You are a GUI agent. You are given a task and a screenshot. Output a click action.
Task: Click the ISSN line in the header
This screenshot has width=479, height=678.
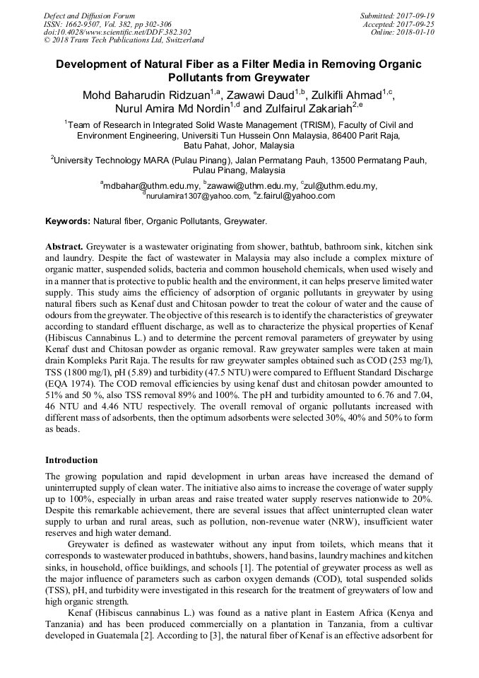[x=107, y=23]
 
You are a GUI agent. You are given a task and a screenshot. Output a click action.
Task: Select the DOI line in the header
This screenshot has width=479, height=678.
[x=117, y=32]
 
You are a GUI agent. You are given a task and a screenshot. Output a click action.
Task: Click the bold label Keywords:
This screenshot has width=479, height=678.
[x=68, y=221]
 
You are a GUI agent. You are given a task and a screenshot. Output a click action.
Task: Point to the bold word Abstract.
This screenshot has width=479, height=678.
[x=64, y=246]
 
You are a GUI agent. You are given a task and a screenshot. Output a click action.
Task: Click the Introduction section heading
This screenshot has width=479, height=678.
[x=71, y=460]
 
